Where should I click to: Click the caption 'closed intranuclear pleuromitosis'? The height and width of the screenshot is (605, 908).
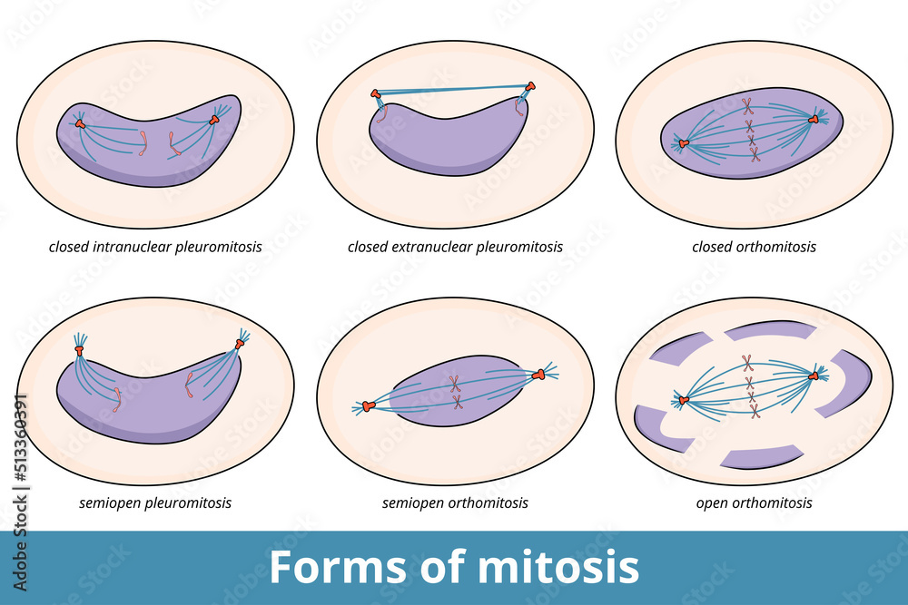(x=155, y=247)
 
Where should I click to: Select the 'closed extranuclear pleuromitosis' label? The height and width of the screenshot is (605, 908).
(x=455, y=247)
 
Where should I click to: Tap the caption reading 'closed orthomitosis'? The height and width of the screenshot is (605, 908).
(x=754, y=247)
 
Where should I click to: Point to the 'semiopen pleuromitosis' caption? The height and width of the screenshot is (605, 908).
(x=155, y=503)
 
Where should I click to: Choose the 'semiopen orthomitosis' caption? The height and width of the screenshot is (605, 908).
(x=455, y=503)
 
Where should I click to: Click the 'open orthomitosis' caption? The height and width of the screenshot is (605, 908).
(x=754, y=503)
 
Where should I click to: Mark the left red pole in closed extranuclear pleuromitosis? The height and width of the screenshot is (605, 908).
(x=376, y=93)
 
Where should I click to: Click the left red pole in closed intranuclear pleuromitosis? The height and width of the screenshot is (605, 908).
(x=80, y=123)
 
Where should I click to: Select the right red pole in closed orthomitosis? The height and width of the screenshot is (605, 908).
(x=813, y=119)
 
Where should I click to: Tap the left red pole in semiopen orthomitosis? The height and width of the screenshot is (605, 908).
(x=368, y=407)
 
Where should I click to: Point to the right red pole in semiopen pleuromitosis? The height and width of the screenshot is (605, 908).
(x=241, y=343)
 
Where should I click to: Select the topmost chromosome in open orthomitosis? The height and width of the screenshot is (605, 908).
(x=747, y=362)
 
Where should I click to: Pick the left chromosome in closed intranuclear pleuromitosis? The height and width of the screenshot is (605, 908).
(x=143, y=142)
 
